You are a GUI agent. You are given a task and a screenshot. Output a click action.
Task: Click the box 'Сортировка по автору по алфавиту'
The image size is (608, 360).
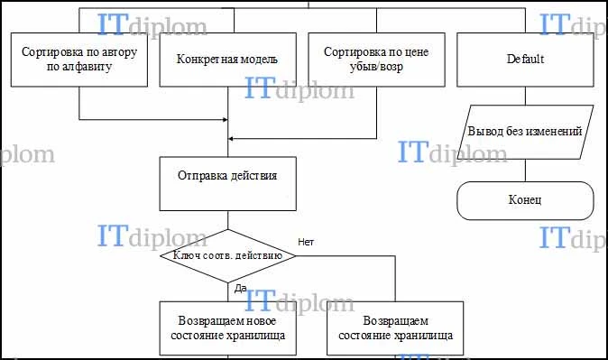79,60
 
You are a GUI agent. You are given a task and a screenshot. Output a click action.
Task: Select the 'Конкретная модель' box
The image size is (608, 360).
228,60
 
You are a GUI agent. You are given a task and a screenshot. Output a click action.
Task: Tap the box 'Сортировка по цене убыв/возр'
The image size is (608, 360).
376,60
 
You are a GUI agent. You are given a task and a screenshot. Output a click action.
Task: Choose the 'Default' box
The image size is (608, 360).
525,60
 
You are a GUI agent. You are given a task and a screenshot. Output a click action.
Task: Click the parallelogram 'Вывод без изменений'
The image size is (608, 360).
525,132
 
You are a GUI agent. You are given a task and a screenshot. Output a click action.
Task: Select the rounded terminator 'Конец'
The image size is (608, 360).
525,200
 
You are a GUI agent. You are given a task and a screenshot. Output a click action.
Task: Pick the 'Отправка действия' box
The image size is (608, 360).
228,183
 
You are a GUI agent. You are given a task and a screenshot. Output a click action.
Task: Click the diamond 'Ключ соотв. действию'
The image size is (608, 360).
228,256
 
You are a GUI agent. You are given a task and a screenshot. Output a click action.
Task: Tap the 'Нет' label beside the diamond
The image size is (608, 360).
306,242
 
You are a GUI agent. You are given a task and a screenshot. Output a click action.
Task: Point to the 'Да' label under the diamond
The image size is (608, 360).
241,288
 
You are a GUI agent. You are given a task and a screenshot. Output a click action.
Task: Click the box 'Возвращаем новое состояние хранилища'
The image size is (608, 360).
228,328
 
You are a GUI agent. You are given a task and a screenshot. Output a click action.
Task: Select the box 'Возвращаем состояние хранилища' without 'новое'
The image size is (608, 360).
395,328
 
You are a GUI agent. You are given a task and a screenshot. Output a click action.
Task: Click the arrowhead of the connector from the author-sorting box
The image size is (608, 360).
226,119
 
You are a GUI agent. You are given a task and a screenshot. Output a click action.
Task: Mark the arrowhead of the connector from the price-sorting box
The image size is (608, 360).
231,138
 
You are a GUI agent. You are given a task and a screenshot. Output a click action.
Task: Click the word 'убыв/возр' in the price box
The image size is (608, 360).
376,67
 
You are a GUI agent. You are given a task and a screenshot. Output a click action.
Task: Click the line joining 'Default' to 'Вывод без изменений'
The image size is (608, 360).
525,96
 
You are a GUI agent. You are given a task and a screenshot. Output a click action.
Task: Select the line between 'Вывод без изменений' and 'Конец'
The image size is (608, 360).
525,171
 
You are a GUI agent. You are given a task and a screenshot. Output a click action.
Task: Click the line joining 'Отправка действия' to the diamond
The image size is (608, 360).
228,220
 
